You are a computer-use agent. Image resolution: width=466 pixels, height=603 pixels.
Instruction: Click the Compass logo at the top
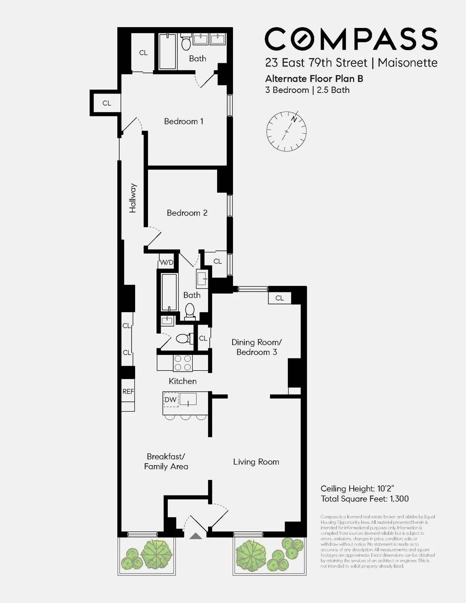(x=351, y=39)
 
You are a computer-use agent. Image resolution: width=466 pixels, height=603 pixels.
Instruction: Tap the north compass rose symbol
(x=287, y=131)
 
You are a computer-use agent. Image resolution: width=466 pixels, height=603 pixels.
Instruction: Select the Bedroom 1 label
(x=183, y=122)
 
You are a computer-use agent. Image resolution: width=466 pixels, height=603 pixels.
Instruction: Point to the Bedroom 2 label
(x=187, y=213)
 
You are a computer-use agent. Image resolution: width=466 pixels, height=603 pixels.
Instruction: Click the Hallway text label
(x=133, y=198)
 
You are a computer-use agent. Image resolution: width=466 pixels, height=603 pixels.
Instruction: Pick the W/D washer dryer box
(x=167, y=262)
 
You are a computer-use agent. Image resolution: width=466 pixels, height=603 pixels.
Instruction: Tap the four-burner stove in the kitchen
(x=183, y=363)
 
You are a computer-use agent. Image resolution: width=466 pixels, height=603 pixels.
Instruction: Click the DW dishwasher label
(x=170, y=400)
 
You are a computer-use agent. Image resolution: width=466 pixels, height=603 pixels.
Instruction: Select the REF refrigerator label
(x=128, y=391)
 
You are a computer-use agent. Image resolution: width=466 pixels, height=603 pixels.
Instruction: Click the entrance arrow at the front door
(x=196, y=536)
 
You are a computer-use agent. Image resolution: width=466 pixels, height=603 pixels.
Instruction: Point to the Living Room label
(x=256, y=462)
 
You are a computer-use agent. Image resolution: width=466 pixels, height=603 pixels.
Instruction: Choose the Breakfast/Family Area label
(x=166, y=462)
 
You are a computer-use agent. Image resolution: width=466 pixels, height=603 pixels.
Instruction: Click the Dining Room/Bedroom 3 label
(x=256, y=347)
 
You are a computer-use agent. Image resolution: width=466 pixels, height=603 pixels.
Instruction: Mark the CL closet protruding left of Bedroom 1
(x=107, y=103)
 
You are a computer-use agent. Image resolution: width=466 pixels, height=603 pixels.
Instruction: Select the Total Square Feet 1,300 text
(x=365, y=499)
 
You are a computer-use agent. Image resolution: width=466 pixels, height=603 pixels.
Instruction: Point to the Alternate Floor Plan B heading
(x=314, y=79)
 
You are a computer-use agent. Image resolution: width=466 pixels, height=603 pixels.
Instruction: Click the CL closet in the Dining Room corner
(x=279, y=298)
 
